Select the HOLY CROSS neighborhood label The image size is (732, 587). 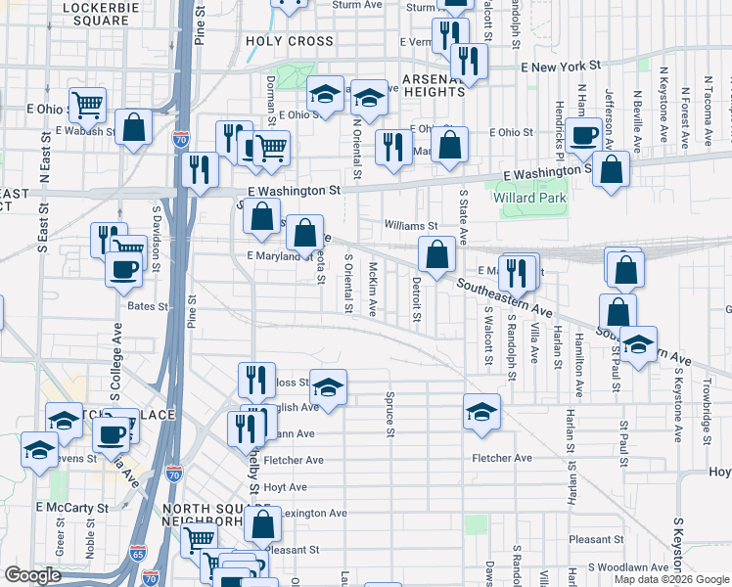pos(290,42)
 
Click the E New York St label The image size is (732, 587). pos(560,66)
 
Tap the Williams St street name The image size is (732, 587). pos(411,226)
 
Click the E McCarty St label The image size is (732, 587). pos(72,508)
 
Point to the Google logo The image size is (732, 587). pos(32,575)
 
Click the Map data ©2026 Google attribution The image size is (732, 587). pos(671,579)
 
